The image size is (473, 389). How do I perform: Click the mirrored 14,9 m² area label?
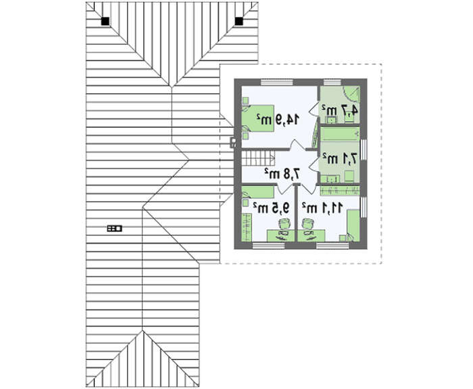point(278,119)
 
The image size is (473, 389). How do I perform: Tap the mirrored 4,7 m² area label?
point(340,110)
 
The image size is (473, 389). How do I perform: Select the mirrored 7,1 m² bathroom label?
point(340,158)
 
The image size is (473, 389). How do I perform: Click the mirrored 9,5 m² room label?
point(272,208)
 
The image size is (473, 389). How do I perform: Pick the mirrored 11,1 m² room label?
point(322,208)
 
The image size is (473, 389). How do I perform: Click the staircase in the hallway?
point(259,158)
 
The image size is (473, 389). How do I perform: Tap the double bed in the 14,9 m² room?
point(259,118)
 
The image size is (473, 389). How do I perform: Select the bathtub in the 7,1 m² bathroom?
point(340,134)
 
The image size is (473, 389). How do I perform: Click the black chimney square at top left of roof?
point(105,21)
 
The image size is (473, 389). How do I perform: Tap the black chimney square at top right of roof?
point(239,21)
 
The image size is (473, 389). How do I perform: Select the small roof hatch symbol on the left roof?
point(115,229)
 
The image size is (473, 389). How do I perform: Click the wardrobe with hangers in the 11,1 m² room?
point(340,191)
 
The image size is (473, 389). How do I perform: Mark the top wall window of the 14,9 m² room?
point(276,82)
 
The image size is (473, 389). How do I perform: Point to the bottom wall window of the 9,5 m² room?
point(268,246)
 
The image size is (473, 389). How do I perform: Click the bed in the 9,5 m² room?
point(258,192)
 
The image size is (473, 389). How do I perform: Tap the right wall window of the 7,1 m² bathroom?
point(364,150)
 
